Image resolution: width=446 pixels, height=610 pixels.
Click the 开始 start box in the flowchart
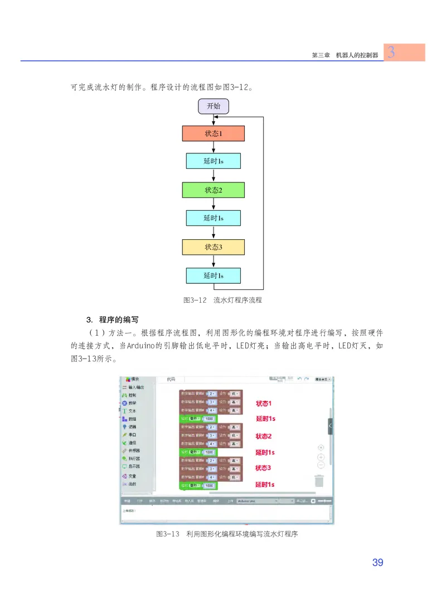point(214,106)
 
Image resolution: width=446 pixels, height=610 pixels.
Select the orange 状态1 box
point(214,134)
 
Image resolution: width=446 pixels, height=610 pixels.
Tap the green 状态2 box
point(214,190)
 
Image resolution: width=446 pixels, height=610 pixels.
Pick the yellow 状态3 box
point(214,246)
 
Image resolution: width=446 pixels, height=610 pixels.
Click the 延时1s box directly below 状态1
point(214,161)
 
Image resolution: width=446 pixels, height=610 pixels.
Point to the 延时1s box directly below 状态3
point(214,275)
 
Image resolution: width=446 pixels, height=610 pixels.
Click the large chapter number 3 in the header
point(391,53)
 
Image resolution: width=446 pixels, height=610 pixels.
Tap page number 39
point(377,562)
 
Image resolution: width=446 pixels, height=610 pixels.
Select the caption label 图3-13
point(168,534)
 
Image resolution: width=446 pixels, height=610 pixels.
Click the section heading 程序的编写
point(119,319)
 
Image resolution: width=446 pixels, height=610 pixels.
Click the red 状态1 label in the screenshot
point(263,403)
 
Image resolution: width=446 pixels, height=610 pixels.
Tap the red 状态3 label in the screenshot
point(263,468)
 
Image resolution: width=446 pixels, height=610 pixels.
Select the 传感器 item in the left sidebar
point(134,450)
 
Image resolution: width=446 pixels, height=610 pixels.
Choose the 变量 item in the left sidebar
point(132,476)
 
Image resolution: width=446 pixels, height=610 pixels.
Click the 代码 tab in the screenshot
point(171,379)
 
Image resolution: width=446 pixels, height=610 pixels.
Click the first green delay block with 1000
point(197,418)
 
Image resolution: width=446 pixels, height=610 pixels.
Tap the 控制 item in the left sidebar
point(132,395)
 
